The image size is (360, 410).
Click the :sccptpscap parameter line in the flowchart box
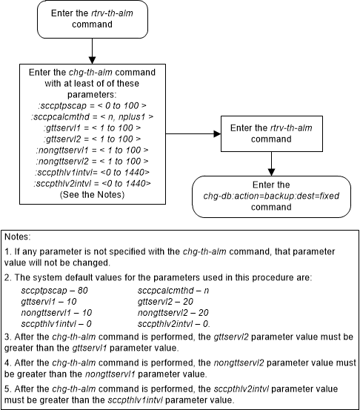pyautogui.click(x=91, y=104)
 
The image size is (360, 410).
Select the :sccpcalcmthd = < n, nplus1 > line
pyautogui.click(x=91, y=115)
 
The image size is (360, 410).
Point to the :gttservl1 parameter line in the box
pyautogui.click(x=91, y=127)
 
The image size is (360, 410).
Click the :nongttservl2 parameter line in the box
pyautogui.click(x=91, y=161)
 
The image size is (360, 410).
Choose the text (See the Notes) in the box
pyautogui.click(x=91, y=194)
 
